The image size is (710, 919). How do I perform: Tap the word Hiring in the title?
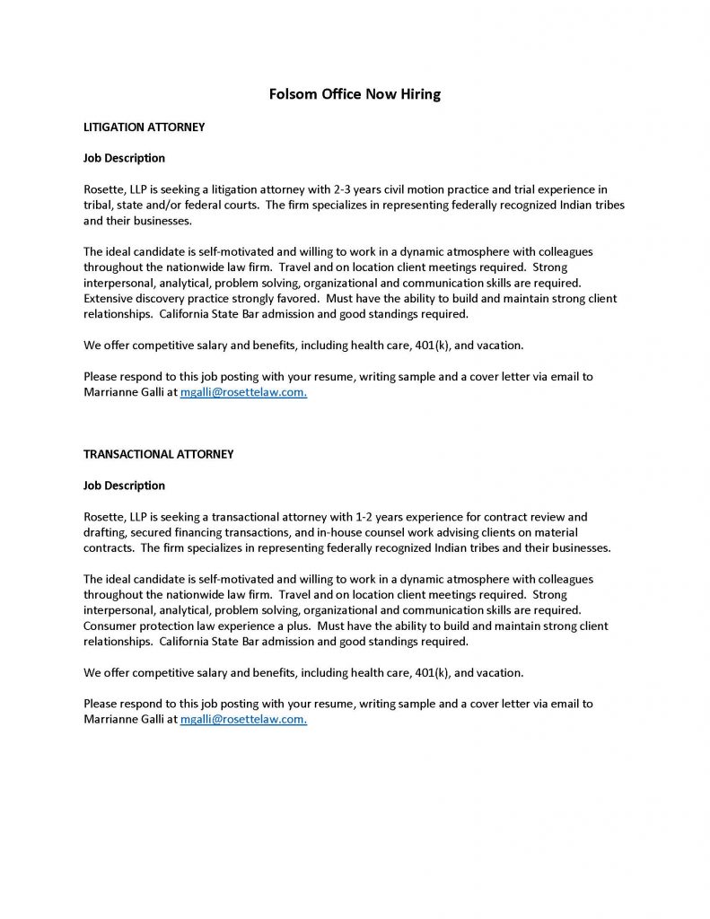click(419, 94)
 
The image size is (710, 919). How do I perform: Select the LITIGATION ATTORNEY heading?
click(144, 127)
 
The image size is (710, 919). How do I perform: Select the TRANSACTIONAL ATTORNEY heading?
click(158, 454)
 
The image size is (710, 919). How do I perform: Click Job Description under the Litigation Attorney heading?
click(124, 158)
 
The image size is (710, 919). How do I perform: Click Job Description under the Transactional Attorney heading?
click(124, 486)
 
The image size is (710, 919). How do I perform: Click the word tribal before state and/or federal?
click(98, 205)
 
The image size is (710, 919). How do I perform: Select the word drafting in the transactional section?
click(105, 531)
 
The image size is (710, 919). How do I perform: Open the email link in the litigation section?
click(243, 392)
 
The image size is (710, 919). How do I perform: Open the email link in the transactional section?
click(243, 720)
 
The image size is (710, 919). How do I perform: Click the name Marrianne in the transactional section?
click(111, 720)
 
